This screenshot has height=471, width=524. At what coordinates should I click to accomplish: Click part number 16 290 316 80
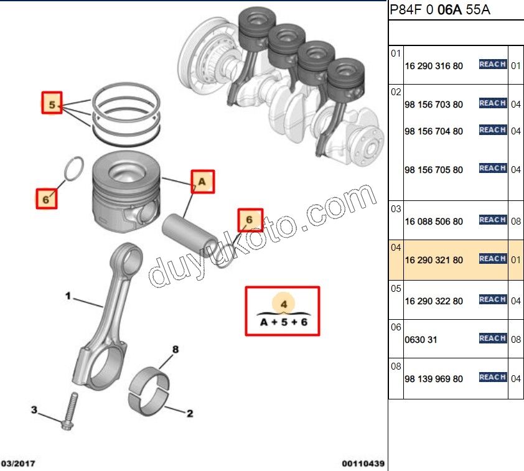[x=433, y=65]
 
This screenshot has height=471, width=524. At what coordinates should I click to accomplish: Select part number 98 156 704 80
[x=433, y=131]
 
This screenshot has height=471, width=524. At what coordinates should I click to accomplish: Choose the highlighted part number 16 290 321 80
[x=433, y=260]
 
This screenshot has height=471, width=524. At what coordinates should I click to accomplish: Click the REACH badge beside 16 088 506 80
[x=492, y=220]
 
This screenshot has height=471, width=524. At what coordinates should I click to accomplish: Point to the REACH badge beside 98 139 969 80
[x=492, y=377]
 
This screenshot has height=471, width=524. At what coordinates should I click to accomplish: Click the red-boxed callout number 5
[x=52, y=103]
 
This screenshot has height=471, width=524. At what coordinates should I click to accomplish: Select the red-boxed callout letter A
[x=202, y=182]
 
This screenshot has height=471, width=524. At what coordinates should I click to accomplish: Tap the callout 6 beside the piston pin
[x=250, y=220]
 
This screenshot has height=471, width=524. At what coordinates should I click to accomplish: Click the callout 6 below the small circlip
[x=46, y=199]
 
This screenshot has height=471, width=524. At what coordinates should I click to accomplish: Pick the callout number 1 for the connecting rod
[x=68, y=296]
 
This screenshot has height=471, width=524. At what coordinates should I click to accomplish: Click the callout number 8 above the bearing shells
[x=175, y=350]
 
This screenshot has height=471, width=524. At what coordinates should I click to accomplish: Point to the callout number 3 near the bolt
[x=35, y=409]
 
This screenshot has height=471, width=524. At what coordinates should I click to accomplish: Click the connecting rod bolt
[x=69, y=411]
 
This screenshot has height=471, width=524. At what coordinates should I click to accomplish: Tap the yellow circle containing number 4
[x=283, y=303]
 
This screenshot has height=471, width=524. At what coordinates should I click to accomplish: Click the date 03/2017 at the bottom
[x=18, y=464]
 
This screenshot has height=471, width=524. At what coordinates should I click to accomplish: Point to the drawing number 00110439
[x=363, y=464]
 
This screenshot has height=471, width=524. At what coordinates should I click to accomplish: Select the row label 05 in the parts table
[x=396, y=289]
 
